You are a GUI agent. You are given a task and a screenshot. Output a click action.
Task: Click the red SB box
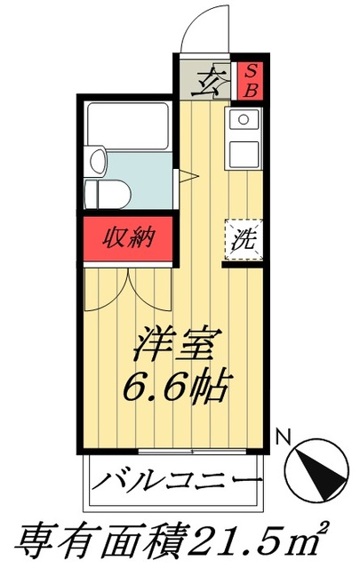coord(251,80)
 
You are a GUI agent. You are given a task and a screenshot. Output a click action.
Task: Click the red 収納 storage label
coord(129,238)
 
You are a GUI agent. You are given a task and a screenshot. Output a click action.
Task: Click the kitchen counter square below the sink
coord(243,153)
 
